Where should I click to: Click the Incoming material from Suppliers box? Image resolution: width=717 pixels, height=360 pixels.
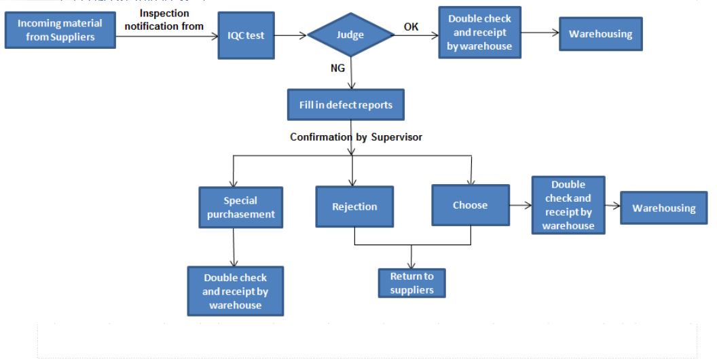tap(60, 30)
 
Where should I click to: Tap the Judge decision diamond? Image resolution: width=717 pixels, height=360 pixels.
tap(350, 35)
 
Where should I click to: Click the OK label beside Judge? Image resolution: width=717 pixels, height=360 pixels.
tap(411, 26)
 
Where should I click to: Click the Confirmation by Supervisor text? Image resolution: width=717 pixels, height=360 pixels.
tap(356, 137)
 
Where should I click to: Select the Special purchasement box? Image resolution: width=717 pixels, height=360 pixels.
tap(240, 207)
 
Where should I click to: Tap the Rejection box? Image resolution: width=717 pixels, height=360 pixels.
tap(354, 206)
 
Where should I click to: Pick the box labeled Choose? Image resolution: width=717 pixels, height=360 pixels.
tap(471, 205)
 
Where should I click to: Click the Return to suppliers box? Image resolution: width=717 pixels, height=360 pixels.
tap(411, 283)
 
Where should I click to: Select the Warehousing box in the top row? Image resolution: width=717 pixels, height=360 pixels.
tap(600, 34)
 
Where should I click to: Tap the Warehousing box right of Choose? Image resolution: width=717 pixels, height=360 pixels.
tap(663, 208)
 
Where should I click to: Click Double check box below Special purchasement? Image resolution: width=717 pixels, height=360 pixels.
tap(235, 291)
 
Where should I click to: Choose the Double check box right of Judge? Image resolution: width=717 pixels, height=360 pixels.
tap(479, 33)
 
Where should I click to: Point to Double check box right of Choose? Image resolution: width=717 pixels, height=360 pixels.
tap(568, 205)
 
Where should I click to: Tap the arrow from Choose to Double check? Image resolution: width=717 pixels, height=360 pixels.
tap(520, 204)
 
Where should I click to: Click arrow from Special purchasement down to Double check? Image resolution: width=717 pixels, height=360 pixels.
tap(234, 247)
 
